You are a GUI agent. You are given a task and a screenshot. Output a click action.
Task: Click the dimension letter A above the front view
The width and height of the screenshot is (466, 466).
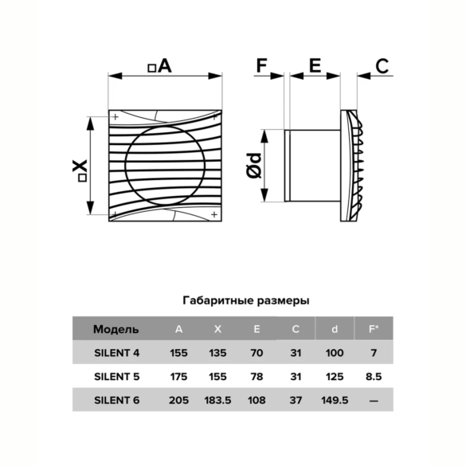pyautogui.click(x=165, y=65)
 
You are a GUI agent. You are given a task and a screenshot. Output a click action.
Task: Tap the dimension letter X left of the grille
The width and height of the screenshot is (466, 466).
pyautogui.click(x=80, y=166)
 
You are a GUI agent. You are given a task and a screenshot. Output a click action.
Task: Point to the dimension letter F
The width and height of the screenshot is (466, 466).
pyautogui.click(x=261, y=65)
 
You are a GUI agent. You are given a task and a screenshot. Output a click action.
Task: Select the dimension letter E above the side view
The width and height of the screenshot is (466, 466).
pyautogui.click(x=315, y=65)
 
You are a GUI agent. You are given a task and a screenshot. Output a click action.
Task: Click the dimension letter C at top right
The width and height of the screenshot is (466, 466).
pyautogui.click(x=382, y=66)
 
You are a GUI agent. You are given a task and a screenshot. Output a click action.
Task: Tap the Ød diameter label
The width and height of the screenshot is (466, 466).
pyautogui.click(x=254, y=166)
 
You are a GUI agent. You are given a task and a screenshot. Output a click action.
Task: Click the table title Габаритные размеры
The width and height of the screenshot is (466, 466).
pyautogui.click(x=246, y=300)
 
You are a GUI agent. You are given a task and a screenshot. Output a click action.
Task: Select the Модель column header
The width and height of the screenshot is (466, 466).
pyautogui.click(x=116, y=329)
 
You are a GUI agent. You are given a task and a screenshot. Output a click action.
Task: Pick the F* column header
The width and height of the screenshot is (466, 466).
pyautogui.click(x=374, y=329)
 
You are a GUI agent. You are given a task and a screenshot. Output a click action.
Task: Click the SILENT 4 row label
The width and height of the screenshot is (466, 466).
pyautogui.click(x=117, y=353)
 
